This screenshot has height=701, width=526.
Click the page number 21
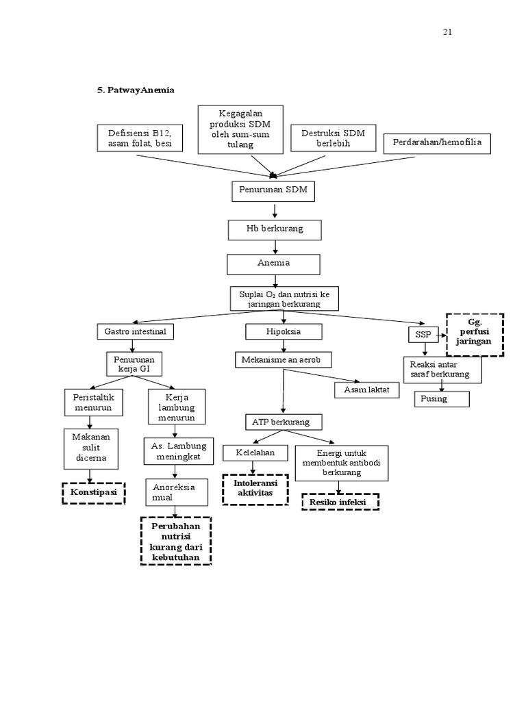tap(447, 32)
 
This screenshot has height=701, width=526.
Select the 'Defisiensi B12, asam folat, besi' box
tap(140, 138)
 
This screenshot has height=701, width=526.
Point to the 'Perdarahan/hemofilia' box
tap(437, 143)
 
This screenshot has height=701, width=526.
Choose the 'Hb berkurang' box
tap(274, 229)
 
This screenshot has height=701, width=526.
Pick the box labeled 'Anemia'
tap(273, 264)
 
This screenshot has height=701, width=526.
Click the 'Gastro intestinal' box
tap(136, 332)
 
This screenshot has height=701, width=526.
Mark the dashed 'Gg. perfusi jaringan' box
tap(475, 334)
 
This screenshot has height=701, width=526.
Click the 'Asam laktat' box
tap(366, 390)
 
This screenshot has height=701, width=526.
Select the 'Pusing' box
tap(442, 398)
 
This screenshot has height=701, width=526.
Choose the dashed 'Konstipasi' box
tap(94, 493)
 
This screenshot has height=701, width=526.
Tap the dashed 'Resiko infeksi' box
tap(340, 502)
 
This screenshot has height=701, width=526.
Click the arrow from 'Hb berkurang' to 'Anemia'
tap(275, 247)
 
